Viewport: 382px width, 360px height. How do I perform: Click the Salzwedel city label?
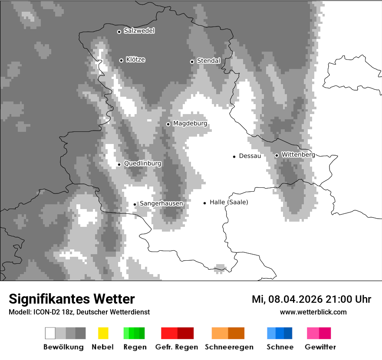(x=139, y=31)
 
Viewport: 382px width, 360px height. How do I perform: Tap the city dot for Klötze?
(x=121, y=60)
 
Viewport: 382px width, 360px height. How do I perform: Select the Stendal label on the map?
(x=208, y=61)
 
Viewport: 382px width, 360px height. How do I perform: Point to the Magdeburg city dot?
(x=168, y=124)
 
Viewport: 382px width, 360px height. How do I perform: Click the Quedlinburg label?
(x=142, y=164)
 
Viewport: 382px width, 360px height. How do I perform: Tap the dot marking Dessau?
(x=234, y=156)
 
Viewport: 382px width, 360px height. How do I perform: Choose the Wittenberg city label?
(x=298, y=154)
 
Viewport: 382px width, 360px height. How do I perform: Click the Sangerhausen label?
(x=161, y=203)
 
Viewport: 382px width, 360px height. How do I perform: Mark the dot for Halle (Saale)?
(x=204, y=203)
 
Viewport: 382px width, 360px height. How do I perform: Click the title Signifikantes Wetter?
(x=72, y=299)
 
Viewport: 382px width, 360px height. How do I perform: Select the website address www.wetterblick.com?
(x=313, y=312)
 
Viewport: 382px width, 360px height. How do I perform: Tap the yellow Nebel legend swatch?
(x=103, y=333)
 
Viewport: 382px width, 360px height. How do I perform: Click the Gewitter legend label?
(x=320, y=347)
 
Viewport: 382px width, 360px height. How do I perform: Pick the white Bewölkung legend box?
(x=50, y=333)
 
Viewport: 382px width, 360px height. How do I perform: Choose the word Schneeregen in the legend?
(x=229, y=347)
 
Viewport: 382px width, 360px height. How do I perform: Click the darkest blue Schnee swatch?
(x=288, y=333)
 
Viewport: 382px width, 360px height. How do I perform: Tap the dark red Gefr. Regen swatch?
(x=185, y=333)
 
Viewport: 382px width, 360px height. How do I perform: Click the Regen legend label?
(x=135, y=347)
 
